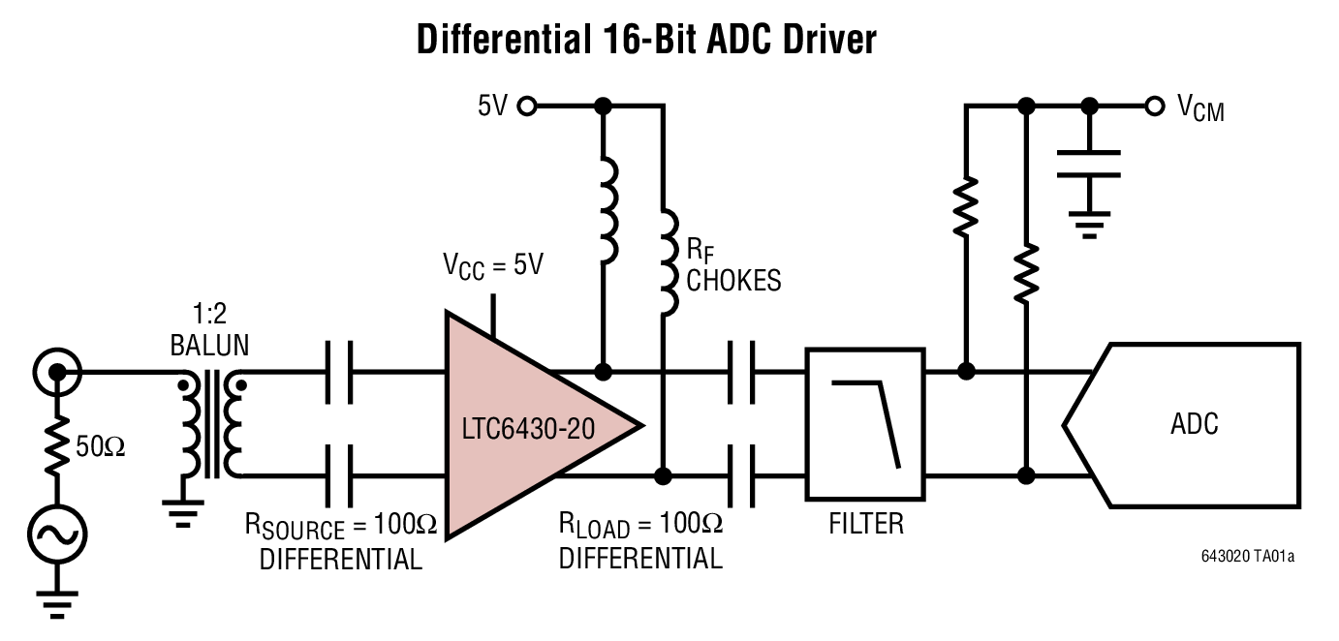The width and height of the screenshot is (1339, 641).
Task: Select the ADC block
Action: click(1192, 424)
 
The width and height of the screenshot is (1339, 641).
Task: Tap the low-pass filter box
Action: click(864, 424)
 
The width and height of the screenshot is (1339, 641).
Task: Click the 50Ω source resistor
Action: click(57, 445)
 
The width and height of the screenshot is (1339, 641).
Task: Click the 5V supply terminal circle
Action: click(527, 106)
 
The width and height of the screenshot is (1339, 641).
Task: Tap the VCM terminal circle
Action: click(1154, 106)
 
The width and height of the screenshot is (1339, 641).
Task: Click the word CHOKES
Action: click(733, 281)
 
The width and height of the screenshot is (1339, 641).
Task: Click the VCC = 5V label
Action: click(494, 265)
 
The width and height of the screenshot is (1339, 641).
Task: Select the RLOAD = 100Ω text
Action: click(640, 527)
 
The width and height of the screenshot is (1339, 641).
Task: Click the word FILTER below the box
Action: click(865, 524)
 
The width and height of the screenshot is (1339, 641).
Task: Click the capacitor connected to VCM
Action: click(1089, 164)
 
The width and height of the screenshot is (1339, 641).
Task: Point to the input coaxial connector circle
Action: click(57, 371)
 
